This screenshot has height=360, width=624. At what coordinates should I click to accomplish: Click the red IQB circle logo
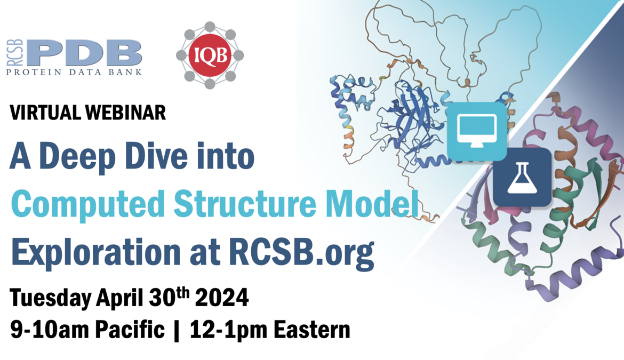(210, 55)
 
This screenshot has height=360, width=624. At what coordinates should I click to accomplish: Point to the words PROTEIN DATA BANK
(75, 72)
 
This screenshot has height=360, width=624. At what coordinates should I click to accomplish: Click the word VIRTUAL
(43, 113)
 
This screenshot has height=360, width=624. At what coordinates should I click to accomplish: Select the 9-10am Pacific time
(87, 330)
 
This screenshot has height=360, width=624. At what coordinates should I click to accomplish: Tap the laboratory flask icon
(522, 177)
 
